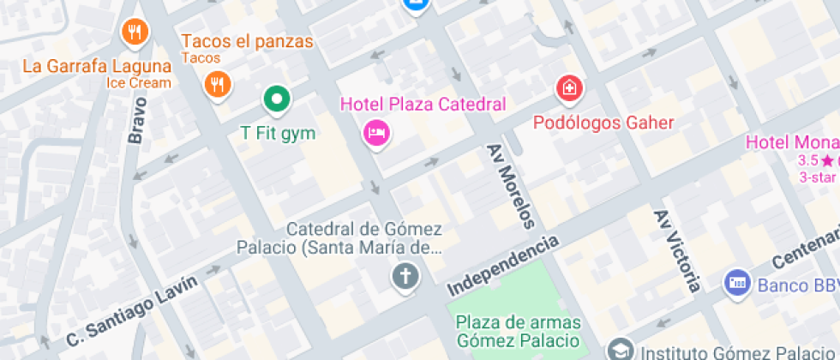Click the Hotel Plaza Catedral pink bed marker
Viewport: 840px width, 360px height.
pyautogui.click(x=375, y=132)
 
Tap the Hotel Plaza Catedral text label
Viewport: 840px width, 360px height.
pyautogui.click(x=423, y=105)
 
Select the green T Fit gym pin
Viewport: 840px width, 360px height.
pyautogui.click(x=277, y=100)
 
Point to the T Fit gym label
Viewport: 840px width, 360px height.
pyautogui.click(x=278, y=133)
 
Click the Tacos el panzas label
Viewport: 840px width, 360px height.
pyautogui.click(x=247, y=41)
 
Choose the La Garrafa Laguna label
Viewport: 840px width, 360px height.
pyautogui.click(x=96, y=66)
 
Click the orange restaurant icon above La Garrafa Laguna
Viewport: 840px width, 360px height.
pyautogui.click(x=134, y=33)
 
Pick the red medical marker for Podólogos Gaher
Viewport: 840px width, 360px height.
pyautogui.click(x=568, y=87)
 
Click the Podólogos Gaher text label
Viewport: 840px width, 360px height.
pyautogui.click(x=603, y=123)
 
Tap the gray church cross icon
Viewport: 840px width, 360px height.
pyautogui.click(x=405, y=276)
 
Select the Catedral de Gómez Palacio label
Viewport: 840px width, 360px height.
pyautogui.click(x=363, y=238)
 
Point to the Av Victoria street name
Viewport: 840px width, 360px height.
pyautogui.click(x=676, y=250)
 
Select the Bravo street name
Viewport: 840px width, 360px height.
pyautogui.click(x=137, y=119)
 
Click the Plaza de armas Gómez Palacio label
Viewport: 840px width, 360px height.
pyautogui.click(x=518, y=331)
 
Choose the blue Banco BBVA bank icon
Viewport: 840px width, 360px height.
pyautogui.click(x=737, y=281)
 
